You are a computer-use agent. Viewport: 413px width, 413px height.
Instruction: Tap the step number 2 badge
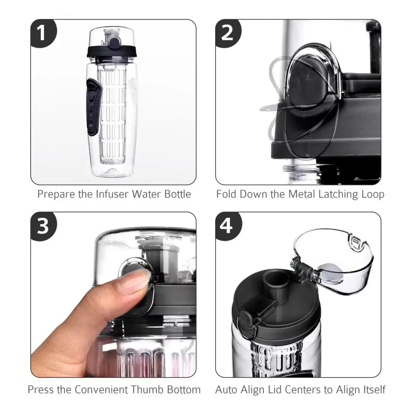pyautogui.click(x=228, y=33)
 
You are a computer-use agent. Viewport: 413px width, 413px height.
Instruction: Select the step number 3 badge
pyautogui.click(x=43, y=226)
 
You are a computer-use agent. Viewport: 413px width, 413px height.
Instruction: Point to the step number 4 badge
pyautogui.click(x=228, y=226)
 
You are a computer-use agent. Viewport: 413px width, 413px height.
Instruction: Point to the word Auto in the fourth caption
pyautogui.click(x=227, y=389)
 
